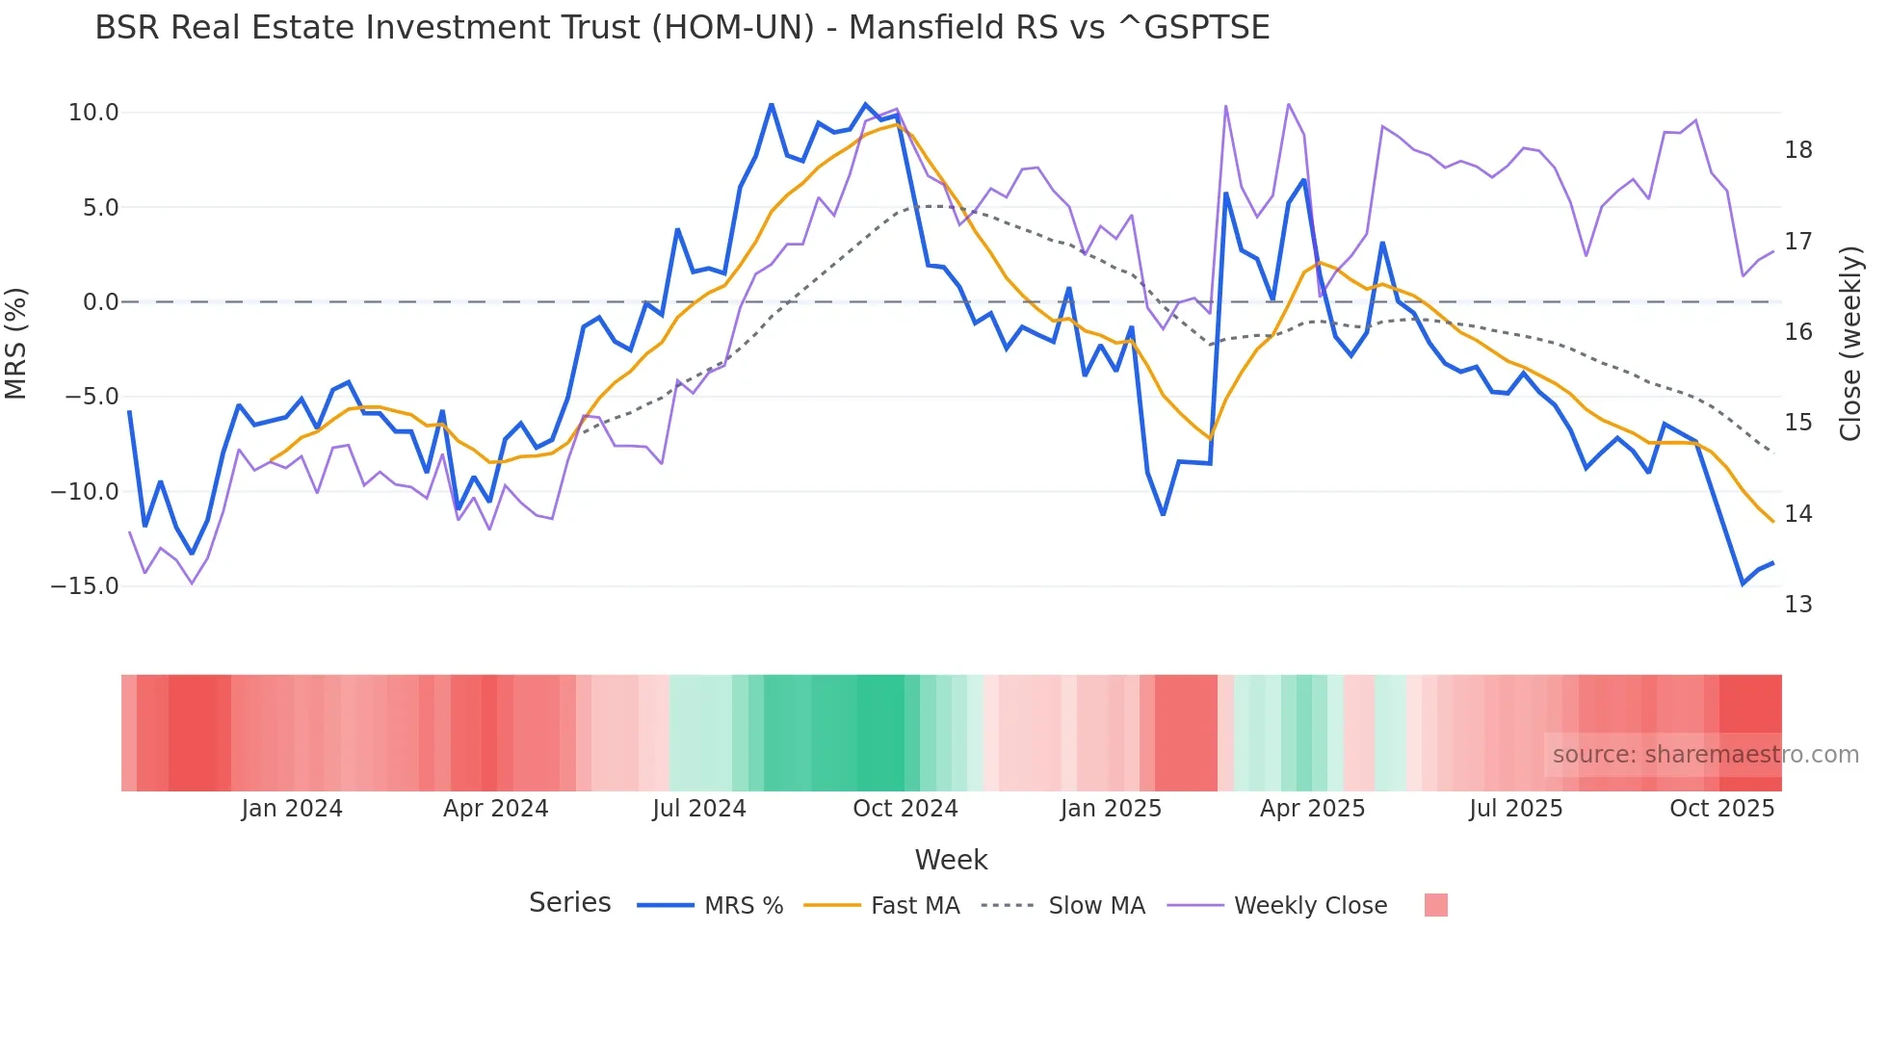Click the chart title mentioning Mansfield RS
tap(682, 28)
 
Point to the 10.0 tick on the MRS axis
tap(93, 113)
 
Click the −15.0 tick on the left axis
tap(85, 586)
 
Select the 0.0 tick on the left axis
tap(100, 302)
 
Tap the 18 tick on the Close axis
tap(1797, 150)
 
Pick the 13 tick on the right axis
tap(1797, 605)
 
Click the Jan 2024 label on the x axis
tap(292, 809)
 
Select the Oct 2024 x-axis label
tap(905, 809)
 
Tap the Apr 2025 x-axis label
tap(1312, 809)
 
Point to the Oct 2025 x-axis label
tap(1721, 809)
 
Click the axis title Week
tap(951, 860)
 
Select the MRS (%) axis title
tap(16, 344)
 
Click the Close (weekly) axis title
tap(1849, 344)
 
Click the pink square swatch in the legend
tap(1435, 905)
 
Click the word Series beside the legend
tap(569, 903)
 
